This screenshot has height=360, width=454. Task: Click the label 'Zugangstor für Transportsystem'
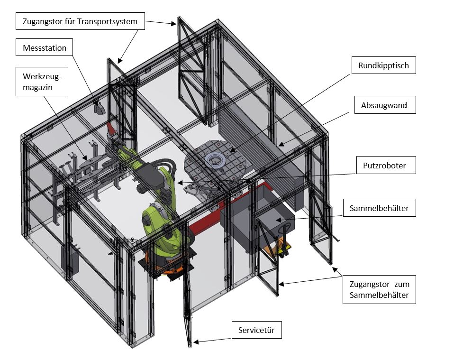[x=80, y=21]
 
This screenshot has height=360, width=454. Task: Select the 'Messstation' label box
[x=45, y=48]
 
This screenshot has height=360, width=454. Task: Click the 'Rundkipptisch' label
[x=383, y=65]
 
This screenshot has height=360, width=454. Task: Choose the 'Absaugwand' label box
[x=385, y=105]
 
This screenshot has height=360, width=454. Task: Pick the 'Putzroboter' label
[x=385, y=166]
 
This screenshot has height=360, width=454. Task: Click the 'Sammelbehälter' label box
[x=379, y=208]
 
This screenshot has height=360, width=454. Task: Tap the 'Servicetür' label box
[x=256, y=330]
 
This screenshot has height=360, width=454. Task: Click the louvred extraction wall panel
[x=258, y=142]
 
